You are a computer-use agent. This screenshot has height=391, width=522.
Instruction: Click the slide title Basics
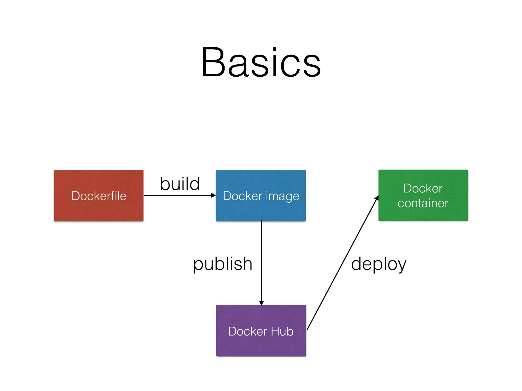point(261,62)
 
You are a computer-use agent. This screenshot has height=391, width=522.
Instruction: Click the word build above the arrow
point(180,184)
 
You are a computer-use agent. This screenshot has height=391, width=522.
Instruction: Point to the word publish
point(223,264)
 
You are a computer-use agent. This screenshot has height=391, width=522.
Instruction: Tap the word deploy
point(379,264)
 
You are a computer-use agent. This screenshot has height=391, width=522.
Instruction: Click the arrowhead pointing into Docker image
point(214,195)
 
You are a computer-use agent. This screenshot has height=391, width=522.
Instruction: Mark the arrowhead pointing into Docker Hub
point(261,303)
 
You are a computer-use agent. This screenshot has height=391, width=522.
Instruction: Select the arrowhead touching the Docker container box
point(376,198)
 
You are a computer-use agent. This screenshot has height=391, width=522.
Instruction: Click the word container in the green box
point(423,203)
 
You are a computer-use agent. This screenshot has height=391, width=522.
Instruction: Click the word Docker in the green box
point(423,188)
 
